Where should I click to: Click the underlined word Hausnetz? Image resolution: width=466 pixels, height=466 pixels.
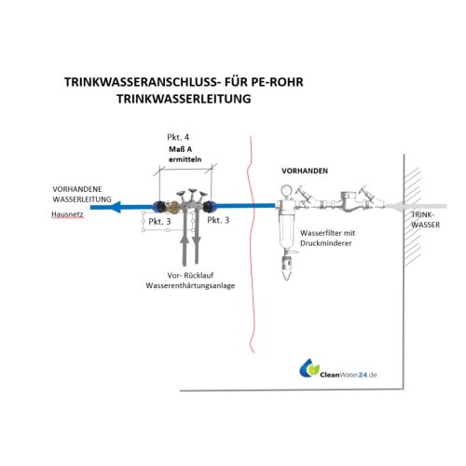tap(68, 214)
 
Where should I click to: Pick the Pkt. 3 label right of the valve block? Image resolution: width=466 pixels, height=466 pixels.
tap(220, 220)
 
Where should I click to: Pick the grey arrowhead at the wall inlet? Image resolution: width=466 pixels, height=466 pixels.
tap(398, 206)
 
